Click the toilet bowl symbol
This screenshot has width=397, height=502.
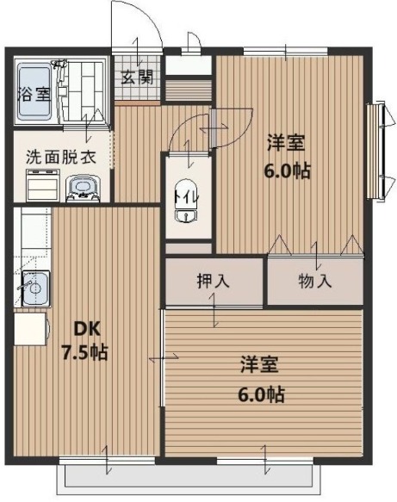click(x=183, y=211)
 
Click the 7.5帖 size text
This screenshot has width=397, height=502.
click(x=84, y=352)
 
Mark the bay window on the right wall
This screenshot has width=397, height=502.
click(x=376, y=151)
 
